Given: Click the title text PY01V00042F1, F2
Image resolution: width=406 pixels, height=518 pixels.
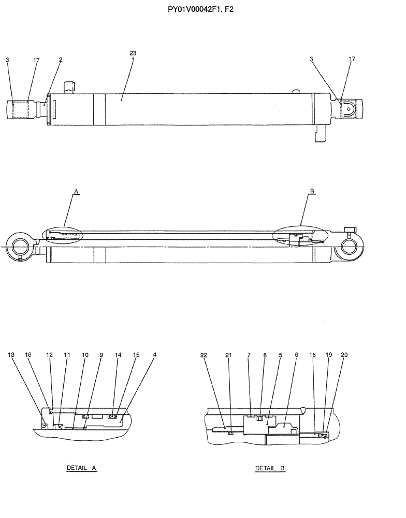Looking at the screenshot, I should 204,9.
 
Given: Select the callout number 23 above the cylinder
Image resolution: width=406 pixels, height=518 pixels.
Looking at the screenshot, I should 133,53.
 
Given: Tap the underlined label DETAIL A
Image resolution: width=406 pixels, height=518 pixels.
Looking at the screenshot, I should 82,468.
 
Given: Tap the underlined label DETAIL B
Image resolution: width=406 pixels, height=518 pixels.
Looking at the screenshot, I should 270,468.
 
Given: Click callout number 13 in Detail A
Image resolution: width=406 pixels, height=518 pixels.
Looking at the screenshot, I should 11,355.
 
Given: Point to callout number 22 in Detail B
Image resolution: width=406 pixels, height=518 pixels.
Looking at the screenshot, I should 204,355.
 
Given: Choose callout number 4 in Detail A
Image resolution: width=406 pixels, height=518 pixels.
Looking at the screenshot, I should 155,355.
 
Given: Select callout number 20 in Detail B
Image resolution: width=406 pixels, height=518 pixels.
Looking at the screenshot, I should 344,355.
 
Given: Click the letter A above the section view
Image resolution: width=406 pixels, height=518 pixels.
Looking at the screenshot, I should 76,192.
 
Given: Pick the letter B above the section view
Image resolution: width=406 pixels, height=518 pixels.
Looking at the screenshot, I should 312,192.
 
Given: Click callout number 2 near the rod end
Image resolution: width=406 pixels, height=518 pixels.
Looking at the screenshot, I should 61,60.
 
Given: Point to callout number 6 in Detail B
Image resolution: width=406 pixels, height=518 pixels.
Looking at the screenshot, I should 297,355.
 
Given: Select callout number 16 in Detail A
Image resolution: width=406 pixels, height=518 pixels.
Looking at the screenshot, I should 28,355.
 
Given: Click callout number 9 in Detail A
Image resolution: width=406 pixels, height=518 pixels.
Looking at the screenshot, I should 101,355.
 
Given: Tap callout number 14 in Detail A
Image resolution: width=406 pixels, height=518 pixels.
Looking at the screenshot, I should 118,355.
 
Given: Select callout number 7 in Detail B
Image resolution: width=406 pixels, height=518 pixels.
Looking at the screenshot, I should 249,355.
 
